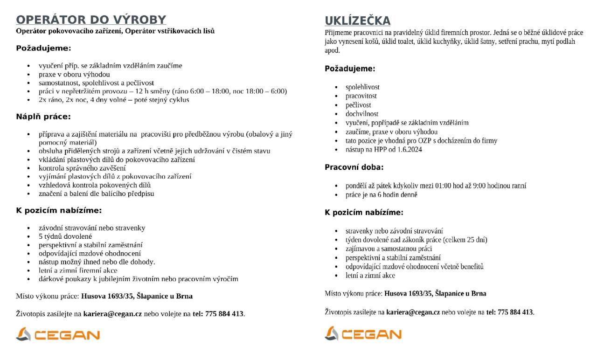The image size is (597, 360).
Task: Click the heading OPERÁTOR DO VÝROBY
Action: (x=91, y=20)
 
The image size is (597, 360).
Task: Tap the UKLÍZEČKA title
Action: (x=357, y=21)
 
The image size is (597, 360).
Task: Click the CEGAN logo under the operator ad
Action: (x=58, y=334)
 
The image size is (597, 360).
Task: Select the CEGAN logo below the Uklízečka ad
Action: (x=363, y=334)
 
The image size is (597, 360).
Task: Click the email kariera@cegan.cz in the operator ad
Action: (x=112, y=314)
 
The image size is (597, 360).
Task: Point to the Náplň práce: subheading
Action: (x=43, y=117)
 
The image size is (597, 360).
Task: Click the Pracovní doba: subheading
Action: (x=354, y=167)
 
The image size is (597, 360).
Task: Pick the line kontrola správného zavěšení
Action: (x=82, y=168)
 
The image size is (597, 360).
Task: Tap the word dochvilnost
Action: (x=362, y=114)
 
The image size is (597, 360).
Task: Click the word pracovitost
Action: (x=361, y=96)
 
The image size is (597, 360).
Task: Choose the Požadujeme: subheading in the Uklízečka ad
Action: (x=350, y=69)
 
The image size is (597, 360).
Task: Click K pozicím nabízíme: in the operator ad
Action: (x=59, y=210)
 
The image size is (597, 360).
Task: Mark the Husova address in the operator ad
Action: (x=137, y=296)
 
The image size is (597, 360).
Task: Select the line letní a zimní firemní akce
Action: (x=78, y=270)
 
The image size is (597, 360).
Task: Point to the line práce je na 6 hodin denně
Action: (x=381, y=194)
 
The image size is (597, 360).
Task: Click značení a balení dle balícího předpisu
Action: (x=96, y=194)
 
